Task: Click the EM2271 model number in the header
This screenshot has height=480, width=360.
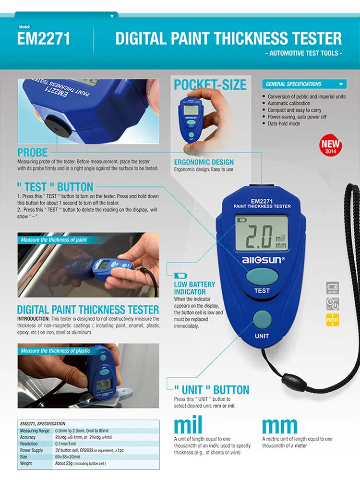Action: [x=44, y=38]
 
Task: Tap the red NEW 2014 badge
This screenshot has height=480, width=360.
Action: [x=330, y=145]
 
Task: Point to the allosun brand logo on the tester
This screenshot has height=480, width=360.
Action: [x=262, y=260]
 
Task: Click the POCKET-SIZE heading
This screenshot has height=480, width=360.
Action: [x=210, y=85]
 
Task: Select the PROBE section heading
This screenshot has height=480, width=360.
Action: [x=33, y=153]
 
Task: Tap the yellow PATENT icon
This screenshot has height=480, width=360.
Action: [x=332, y=320]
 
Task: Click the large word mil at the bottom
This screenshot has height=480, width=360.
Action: [x=188, y=425]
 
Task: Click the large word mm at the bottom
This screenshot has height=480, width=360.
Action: [x=280, y=425]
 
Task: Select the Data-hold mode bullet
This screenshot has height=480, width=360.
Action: [x=284, y=123]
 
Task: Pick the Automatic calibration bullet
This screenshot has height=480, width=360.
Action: [x=289, y=103]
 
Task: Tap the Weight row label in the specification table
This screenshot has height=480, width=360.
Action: [x=26, y=464]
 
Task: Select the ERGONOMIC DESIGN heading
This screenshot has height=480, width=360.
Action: [x=204, y=162]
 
